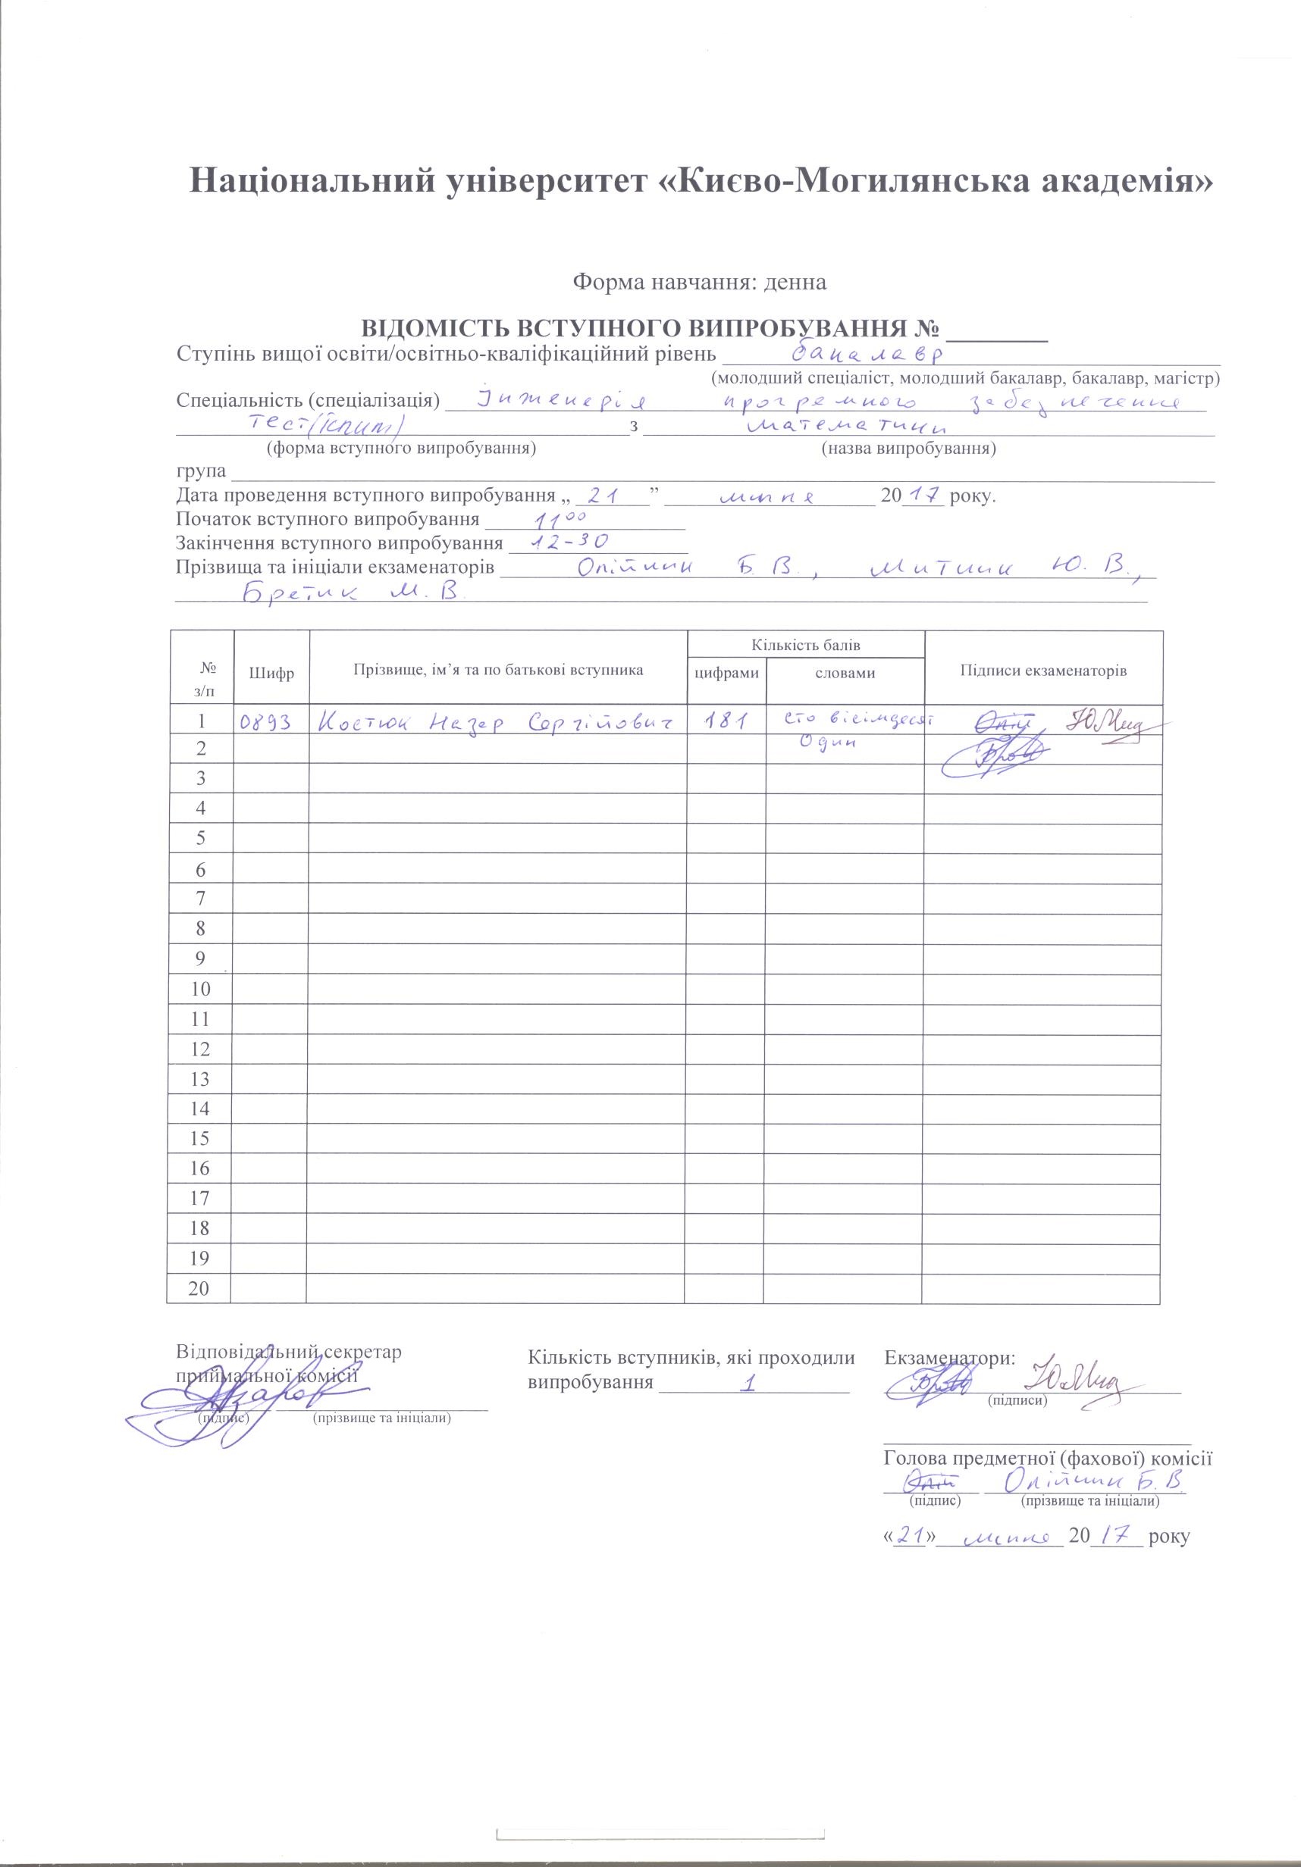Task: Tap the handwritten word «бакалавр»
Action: tap(866, 354)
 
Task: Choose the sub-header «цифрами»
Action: tap(726, 674)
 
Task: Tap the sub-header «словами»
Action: tap(845, 674)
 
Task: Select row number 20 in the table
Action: tap(199, 1289)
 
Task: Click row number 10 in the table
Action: tap(199, 989)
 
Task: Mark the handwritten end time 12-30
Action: tap(569, 542)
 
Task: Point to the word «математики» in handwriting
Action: tap(846, 426)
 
